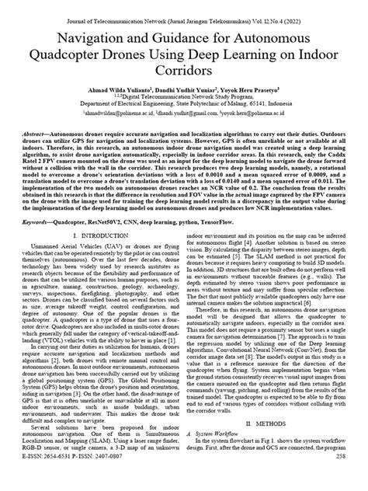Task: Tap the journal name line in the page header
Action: tap(184, 8)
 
